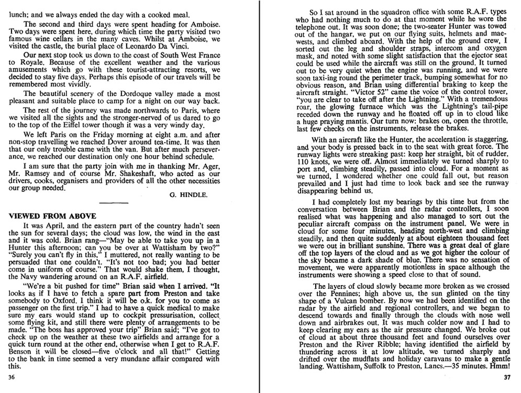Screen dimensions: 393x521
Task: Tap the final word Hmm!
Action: point(502,368)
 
